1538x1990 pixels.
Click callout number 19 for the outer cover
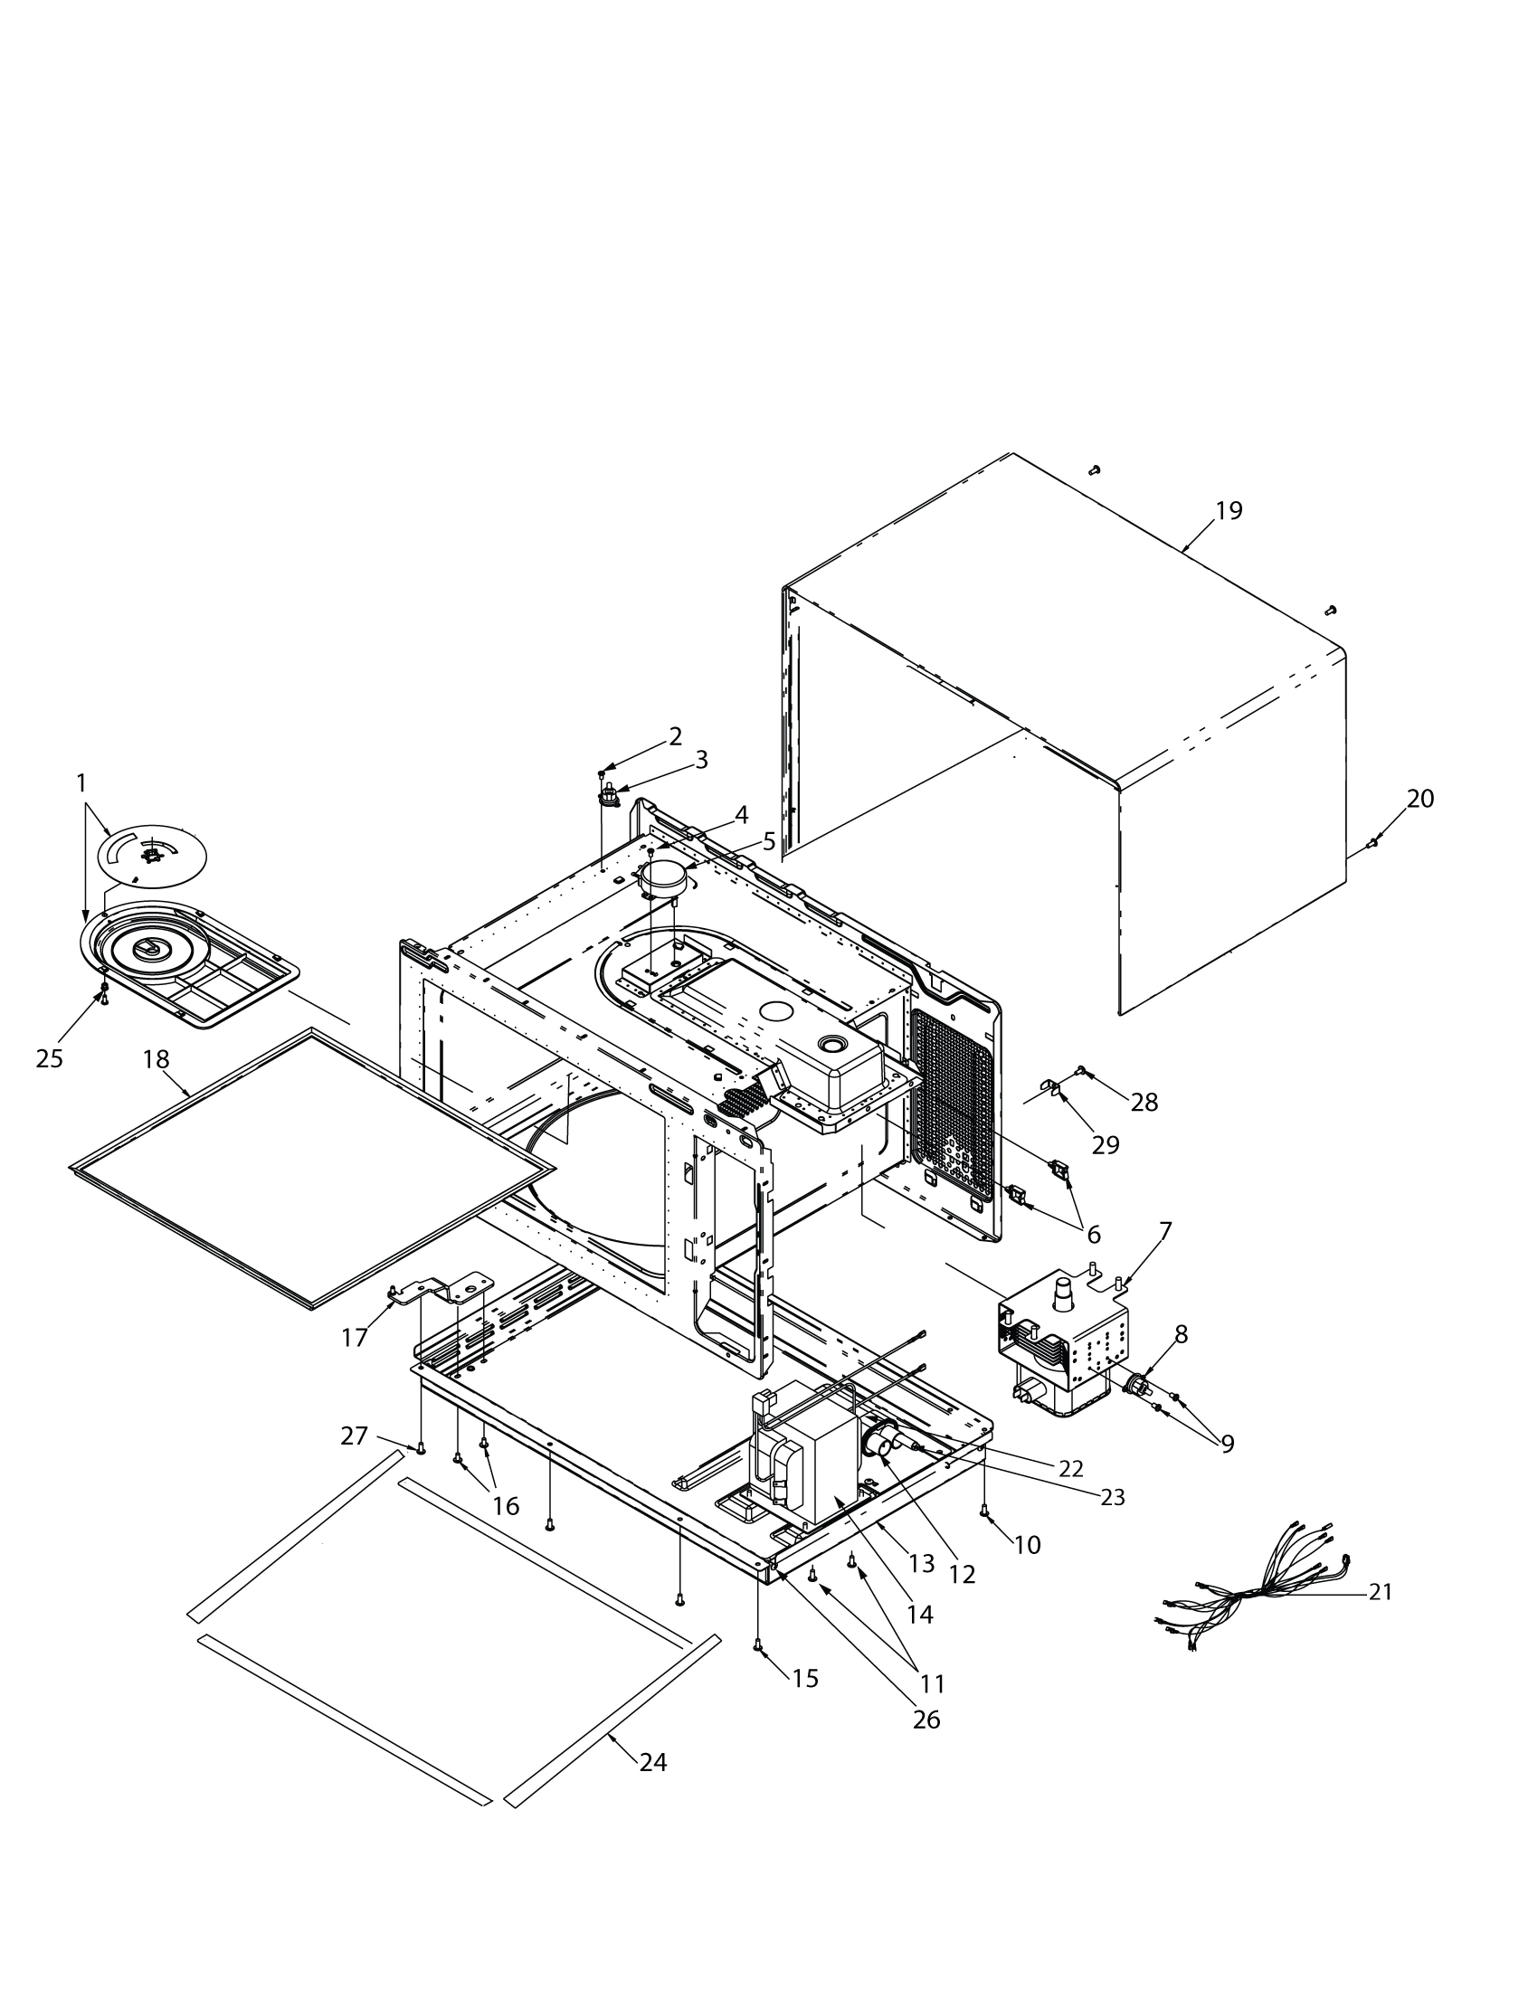(x=1229, y=511)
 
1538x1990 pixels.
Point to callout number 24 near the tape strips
(x=652, y=1762)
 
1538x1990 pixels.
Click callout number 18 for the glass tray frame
(x=156, y=1059)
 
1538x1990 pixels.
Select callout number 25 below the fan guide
(x=49, y=1058)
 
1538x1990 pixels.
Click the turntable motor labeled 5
(x=662, y=877)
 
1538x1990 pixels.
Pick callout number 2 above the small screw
(x=675, y=736)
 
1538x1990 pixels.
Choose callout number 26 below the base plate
(x=926, y=1719)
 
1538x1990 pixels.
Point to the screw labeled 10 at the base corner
(x=984, y=1511)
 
